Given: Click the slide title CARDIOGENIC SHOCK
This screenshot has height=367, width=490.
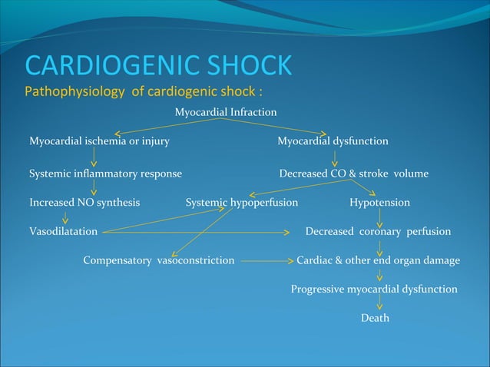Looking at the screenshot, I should point(158,65).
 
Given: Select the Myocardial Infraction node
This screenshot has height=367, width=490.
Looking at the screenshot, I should point(225,113).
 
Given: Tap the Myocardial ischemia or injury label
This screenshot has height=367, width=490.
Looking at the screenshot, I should point(99,141).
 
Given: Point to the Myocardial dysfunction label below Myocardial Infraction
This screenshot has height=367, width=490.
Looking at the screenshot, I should point(333,141).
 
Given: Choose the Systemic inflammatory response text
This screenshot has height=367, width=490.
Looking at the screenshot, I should point(105,174).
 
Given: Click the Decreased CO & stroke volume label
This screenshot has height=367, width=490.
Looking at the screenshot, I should point(353,174).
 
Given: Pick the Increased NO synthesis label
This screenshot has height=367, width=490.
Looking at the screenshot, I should point(84,203).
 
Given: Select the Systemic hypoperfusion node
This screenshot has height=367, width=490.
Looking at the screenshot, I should point(242,203).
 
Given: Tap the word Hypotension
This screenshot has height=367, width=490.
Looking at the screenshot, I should point(379,203).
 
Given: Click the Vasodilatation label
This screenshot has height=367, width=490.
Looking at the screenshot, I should point(63,231).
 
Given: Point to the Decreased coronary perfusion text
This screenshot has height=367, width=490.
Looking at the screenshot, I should point(378,231).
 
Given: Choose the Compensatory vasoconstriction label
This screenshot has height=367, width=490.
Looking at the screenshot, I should point(159,260).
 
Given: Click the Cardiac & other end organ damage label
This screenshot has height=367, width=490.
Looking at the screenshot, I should point(378,260).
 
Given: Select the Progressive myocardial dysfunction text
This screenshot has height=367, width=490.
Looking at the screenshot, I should point(374,289).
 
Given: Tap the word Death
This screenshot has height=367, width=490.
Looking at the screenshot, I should point(375,318).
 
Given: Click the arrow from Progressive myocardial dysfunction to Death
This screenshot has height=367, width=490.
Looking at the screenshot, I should point(379,304).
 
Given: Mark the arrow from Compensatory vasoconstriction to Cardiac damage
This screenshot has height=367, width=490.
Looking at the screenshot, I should point(266,260).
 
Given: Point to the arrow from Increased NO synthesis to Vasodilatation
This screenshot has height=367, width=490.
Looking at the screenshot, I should point(65,217).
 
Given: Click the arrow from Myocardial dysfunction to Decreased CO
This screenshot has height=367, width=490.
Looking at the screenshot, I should point(334,158).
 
